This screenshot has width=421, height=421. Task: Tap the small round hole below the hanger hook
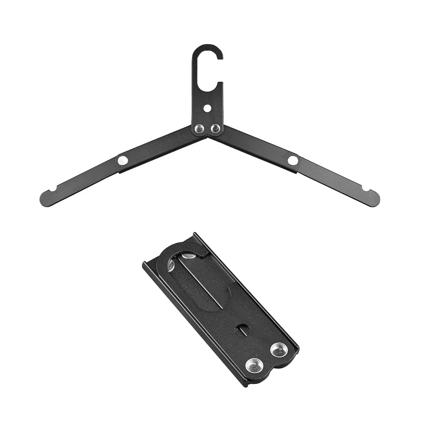point(207,108)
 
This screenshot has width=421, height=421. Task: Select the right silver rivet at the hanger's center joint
point(215,128)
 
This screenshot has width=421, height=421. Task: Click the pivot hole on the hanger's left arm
point(123,160)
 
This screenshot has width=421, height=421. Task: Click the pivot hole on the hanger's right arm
point(293,160)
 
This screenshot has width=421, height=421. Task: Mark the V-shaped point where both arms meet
point(208,136)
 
